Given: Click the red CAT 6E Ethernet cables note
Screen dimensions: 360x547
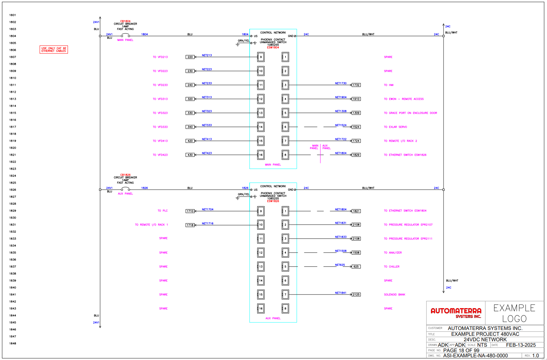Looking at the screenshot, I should (x=54, y=49).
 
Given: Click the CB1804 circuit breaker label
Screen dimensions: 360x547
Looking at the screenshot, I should (x=125, y=21).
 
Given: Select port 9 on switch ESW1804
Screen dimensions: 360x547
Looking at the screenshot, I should (x=261, y=57).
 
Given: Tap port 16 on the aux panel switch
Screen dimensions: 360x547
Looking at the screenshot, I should (x=261, y=308).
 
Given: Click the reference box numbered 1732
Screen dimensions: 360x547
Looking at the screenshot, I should (x=356, y=85).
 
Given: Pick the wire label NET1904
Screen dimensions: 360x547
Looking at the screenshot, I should (x=340, y=97).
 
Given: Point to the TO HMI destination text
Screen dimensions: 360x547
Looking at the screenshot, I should (x=389, y=85).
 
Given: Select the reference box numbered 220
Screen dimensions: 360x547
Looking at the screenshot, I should (x=190, y=57).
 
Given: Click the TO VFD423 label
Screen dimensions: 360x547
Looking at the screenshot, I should (x=160, y=155).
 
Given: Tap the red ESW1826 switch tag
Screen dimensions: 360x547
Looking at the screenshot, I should (x=273, y=201).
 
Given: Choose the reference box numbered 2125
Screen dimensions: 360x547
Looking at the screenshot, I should (x=356, y=294).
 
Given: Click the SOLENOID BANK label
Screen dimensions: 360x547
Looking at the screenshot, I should (x=394, y=294).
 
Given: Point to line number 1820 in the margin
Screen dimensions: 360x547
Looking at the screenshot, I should (x=13, y=148).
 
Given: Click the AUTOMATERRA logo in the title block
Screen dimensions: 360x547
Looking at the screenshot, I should (x=456, y=313).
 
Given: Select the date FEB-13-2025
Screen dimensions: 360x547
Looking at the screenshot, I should (x=521, y=345).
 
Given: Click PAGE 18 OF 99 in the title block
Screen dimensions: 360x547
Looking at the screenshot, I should (x=461, y=350).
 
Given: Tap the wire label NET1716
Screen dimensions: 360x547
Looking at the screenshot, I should (x=207, y=224).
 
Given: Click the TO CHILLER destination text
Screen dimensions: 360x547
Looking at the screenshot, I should (x=391, y=267).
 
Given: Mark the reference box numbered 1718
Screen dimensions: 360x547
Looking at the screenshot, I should (x=190, y=225).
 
